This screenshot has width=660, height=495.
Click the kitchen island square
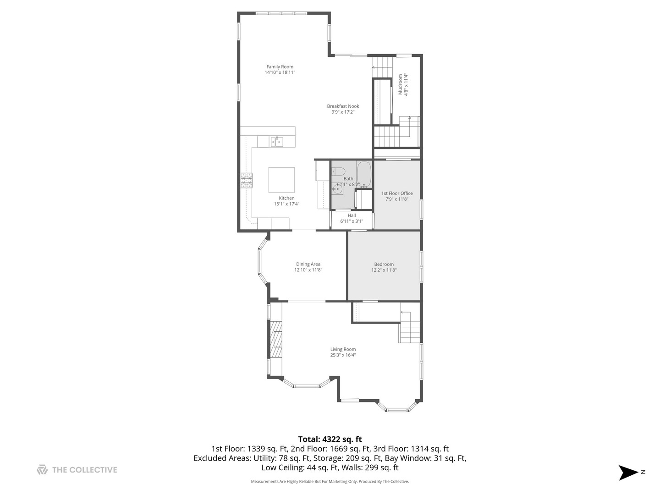tap(281, 180)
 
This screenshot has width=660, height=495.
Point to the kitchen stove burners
tap(246, 181)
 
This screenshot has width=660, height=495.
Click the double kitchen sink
tap(276, 142)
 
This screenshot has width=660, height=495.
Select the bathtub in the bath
tap(364, 174)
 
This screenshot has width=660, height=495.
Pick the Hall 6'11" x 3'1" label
tap(352, 218)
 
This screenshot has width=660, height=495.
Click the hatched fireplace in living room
tap(275, 339)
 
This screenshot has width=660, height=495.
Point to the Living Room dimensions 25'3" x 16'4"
tap(343, 355)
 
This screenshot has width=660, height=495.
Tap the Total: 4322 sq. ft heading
tap(330, 440)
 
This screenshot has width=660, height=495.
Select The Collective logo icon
tap(42, 470)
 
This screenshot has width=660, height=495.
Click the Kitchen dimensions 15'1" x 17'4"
tap(286, 204)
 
